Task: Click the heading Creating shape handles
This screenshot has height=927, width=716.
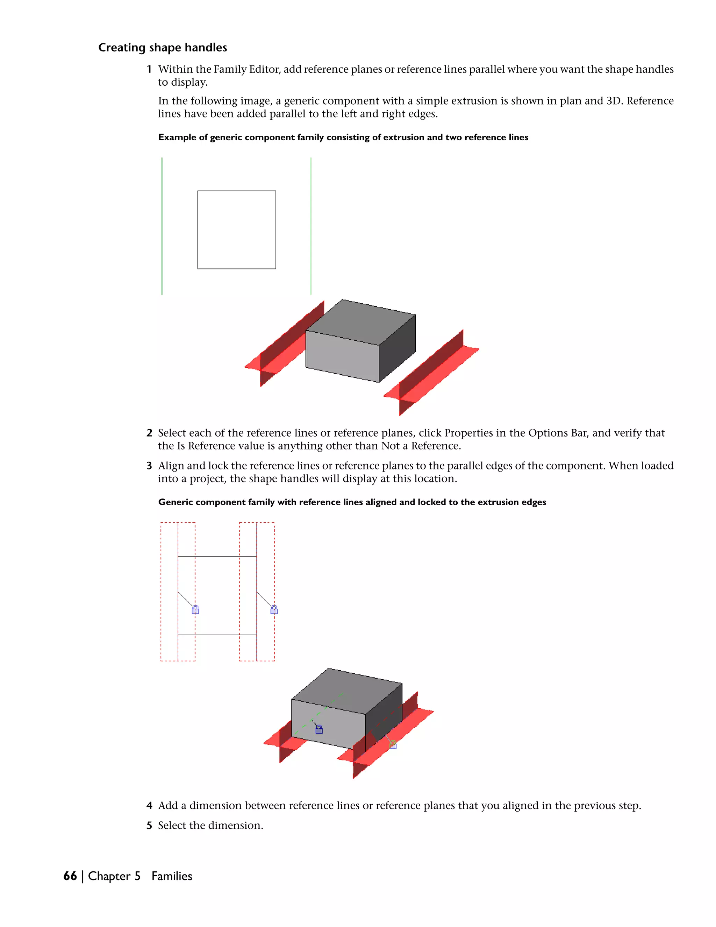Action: click(x=163, y=48)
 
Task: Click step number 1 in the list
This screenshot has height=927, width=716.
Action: click(x=149, y=69)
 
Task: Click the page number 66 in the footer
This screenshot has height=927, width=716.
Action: click(x=70, y=876)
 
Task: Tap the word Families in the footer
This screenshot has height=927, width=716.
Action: click(x=172, y=876)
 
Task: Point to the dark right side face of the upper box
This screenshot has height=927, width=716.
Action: click(x=397, y=348)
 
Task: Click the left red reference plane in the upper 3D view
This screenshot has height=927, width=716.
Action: click(x=280, y=348)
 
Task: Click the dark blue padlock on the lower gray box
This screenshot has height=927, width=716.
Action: click(x=319, y=729)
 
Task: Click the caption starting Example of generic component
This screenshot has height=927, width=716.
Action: click(x=343, y=137)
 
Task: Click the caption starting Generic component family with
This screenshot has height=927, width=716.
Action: click(x=352, y=502)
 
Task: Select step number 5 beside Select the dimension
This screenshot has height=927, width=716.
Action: click(x=149, y=826)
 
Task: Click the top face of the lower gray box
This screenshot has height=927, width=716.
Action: click(x=347, y=691)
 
